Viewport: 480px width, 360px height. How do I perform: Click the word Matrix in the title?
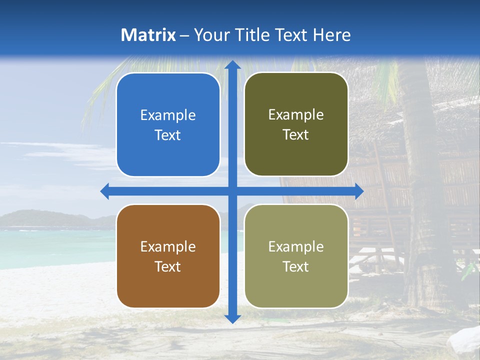(148, 35)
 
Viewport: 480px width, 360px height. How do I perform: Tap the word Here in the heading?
(331, 35)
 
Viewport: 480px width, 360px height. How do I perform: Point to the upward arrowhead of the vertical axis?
(232, 65)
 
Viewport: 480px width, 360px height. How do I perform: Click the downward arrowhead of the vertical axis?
(232, 318)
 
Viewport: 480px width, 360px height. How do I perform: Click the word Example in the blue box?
(168, 115)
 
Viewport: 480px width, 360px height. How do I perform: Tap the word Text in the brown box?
(168, 266)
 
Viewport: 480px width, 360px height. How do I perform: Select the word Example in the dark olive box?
(296, 115)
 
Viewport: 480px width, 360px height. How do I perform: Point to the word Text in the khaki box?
(296, 266)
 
